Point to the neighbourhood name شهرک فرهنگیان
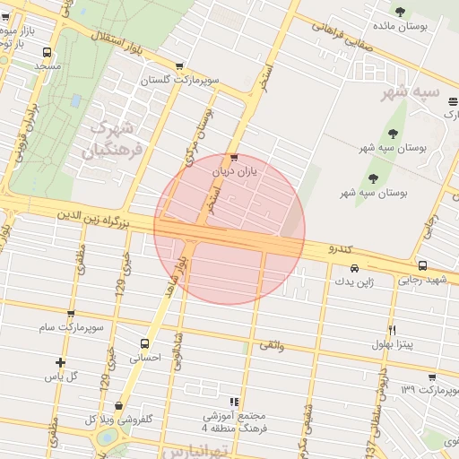[x=114, y=139]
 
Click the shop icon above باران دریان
[x=235, y=157]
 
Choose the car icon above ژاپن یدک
[x=355, y=268]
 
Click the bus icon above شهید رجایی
[x=422, y=266]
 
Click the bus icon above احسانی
[x=144, y=342]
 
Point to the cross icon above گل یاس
[x=60, y=363]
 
